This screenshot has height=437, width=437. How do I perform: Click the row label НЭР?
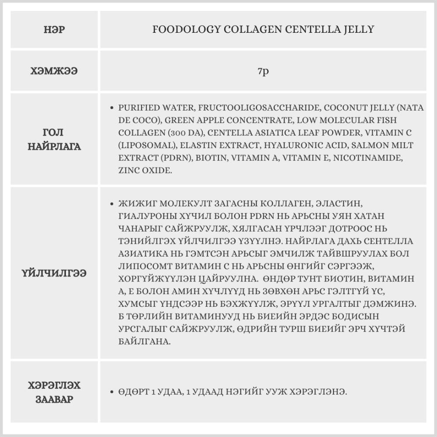[54, 30]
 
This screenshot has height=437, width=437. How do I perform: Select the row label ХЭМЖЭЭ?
[54, 71]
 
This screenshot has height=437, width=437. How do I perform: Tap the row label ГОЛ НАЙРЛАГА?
[54, 139]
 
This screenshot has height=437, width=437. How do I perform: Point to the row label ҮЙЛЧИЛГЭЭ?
[54, 273]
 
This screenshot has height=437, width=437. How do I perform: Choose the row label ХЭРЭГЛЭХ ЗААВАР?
[54, 392]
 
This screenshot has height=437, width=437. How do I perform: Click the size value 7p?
[263, 71]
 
